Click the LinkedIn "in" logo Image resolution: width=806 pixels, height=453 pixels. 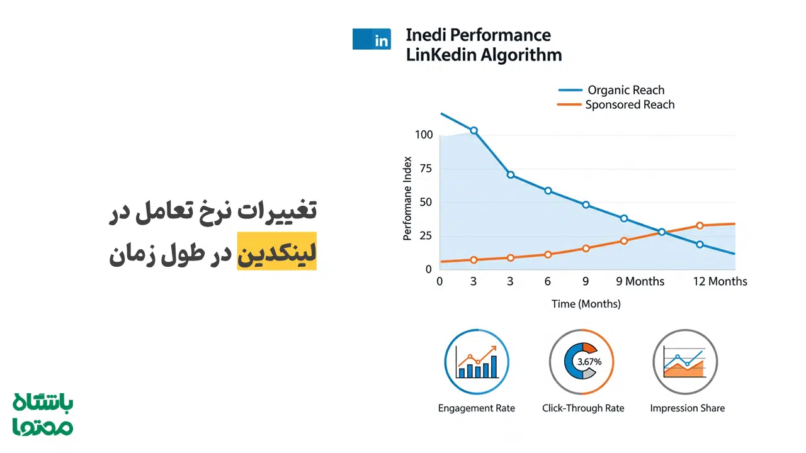click(x=372, y=40)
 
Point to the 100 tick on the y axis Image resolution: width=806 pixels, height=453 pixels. click(x=424, y=135)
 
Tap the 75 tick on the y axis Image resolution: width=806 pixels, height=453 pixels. click(x=426, y=169)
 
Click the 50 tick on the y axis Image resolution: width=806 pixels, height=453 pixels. click(x=426, y=203)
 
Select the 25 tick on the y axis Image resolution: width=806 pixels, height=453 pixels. click(x=426, y=236)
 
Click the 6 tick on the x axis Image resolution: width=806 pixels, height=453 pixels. click(x=548, y=281)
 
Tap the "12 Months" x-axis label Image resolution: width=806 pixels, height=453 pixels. click(x=720, y=281)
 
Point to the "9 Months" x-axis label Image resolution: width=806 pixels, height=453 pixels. click(x=640, y=281)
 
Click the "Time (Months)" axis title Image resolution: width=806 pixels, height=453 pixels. click(x=586, y=304)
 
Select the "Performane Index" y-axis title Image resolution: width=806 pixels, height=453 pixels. click(x=407, y=198)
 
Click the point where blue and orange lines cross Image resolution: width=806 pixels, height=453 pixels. click(x=661, y=232)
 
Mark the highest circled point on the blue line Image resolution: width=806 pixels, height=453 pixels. click(x=474, y=131)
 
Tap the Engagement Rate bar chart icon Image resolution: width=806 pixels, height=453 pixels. click(x=477, y=362)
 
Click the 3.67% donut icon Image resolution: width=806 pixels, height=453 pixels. click(x=581, y=362)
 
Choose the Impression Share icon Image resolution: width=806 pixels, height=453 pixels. click(x=685, y=362)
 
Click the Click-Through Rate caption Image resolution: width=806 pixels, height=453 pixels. click(x=583, y=408)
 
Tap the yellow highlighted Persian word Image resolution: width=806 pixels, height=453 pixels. click(x=276, y=250)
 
